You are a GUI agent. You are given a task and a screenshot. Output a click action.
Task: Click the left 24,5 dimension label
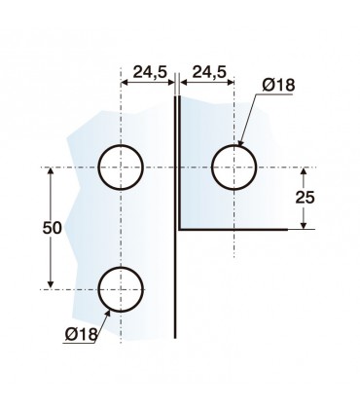pos(150,72)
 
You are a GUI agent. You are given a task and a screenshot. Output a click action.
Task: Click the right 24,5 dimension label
pos(209,72)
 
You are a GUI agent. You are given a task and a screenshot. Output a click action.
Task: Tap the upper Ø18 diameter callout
pos(279,86)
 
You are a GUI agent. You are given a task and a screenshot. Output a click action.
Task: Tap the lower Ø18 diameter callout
pos(81,333)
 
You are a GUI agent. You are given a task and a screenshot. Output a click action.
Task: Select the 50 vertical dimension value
pos(52,228)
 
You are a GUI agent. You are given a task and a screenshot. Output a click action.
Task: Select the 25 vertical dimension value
pos(305,197)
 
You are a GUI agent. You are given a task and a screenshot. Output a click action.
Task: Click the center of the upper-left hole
pos(121,168)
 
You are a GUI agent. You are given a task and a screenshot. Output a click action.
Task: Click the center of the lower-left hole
pos(121,289)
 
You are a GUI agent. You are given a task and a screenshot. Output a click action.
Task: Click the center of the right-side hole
pos(234,168)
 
